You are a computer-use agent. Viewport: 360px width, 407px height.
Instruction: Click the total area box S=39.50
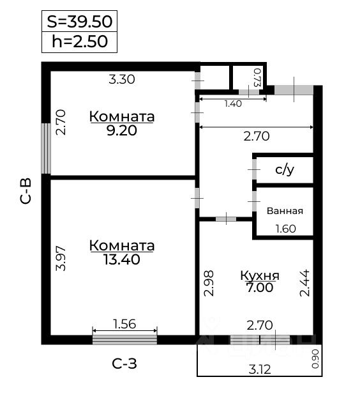click(x=80, y=21)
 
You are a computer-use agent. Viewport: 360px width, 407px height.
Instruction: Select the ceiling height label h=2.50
click(x=80, y=42)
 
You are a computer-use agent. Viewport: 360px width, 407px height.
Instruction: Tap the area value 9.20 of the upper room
click(x=122, y=130)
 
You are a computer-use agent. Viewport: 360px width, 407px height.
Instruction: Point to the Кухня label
click(x=260, y=276)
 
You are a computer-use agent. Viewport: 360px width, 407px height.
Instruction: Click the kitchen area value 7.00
click(x=260, y=288)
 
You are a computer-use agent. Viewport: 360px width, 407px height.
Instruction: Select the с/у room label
click(x=284, y=170)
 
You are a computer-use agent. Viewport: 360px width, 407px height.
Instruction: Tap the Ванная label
click(x=285, y=211)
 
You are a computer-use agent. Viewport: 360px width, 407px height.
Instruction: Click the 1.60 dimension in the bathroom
click(x=285, y=229)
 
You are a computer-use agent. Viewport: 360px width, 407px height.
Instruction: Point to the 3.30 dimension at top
click(x=122, y=80)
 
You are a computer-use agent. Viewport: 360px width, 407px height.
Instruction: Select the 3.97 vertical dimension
click(x=61, y=258)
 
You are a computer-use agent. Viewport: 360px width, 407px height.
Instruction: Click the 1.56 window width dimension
click(x=124, y=325)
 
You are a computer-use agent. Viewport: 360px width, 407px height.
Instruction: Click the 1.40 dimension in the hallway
click(x=233, y=104)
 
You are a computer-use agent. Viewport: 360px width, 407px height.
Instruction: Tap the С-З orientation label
click(x=124, y=364)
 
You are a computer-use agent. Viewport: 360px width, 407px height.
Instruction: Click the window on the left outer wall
click(x=46, y=148)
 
